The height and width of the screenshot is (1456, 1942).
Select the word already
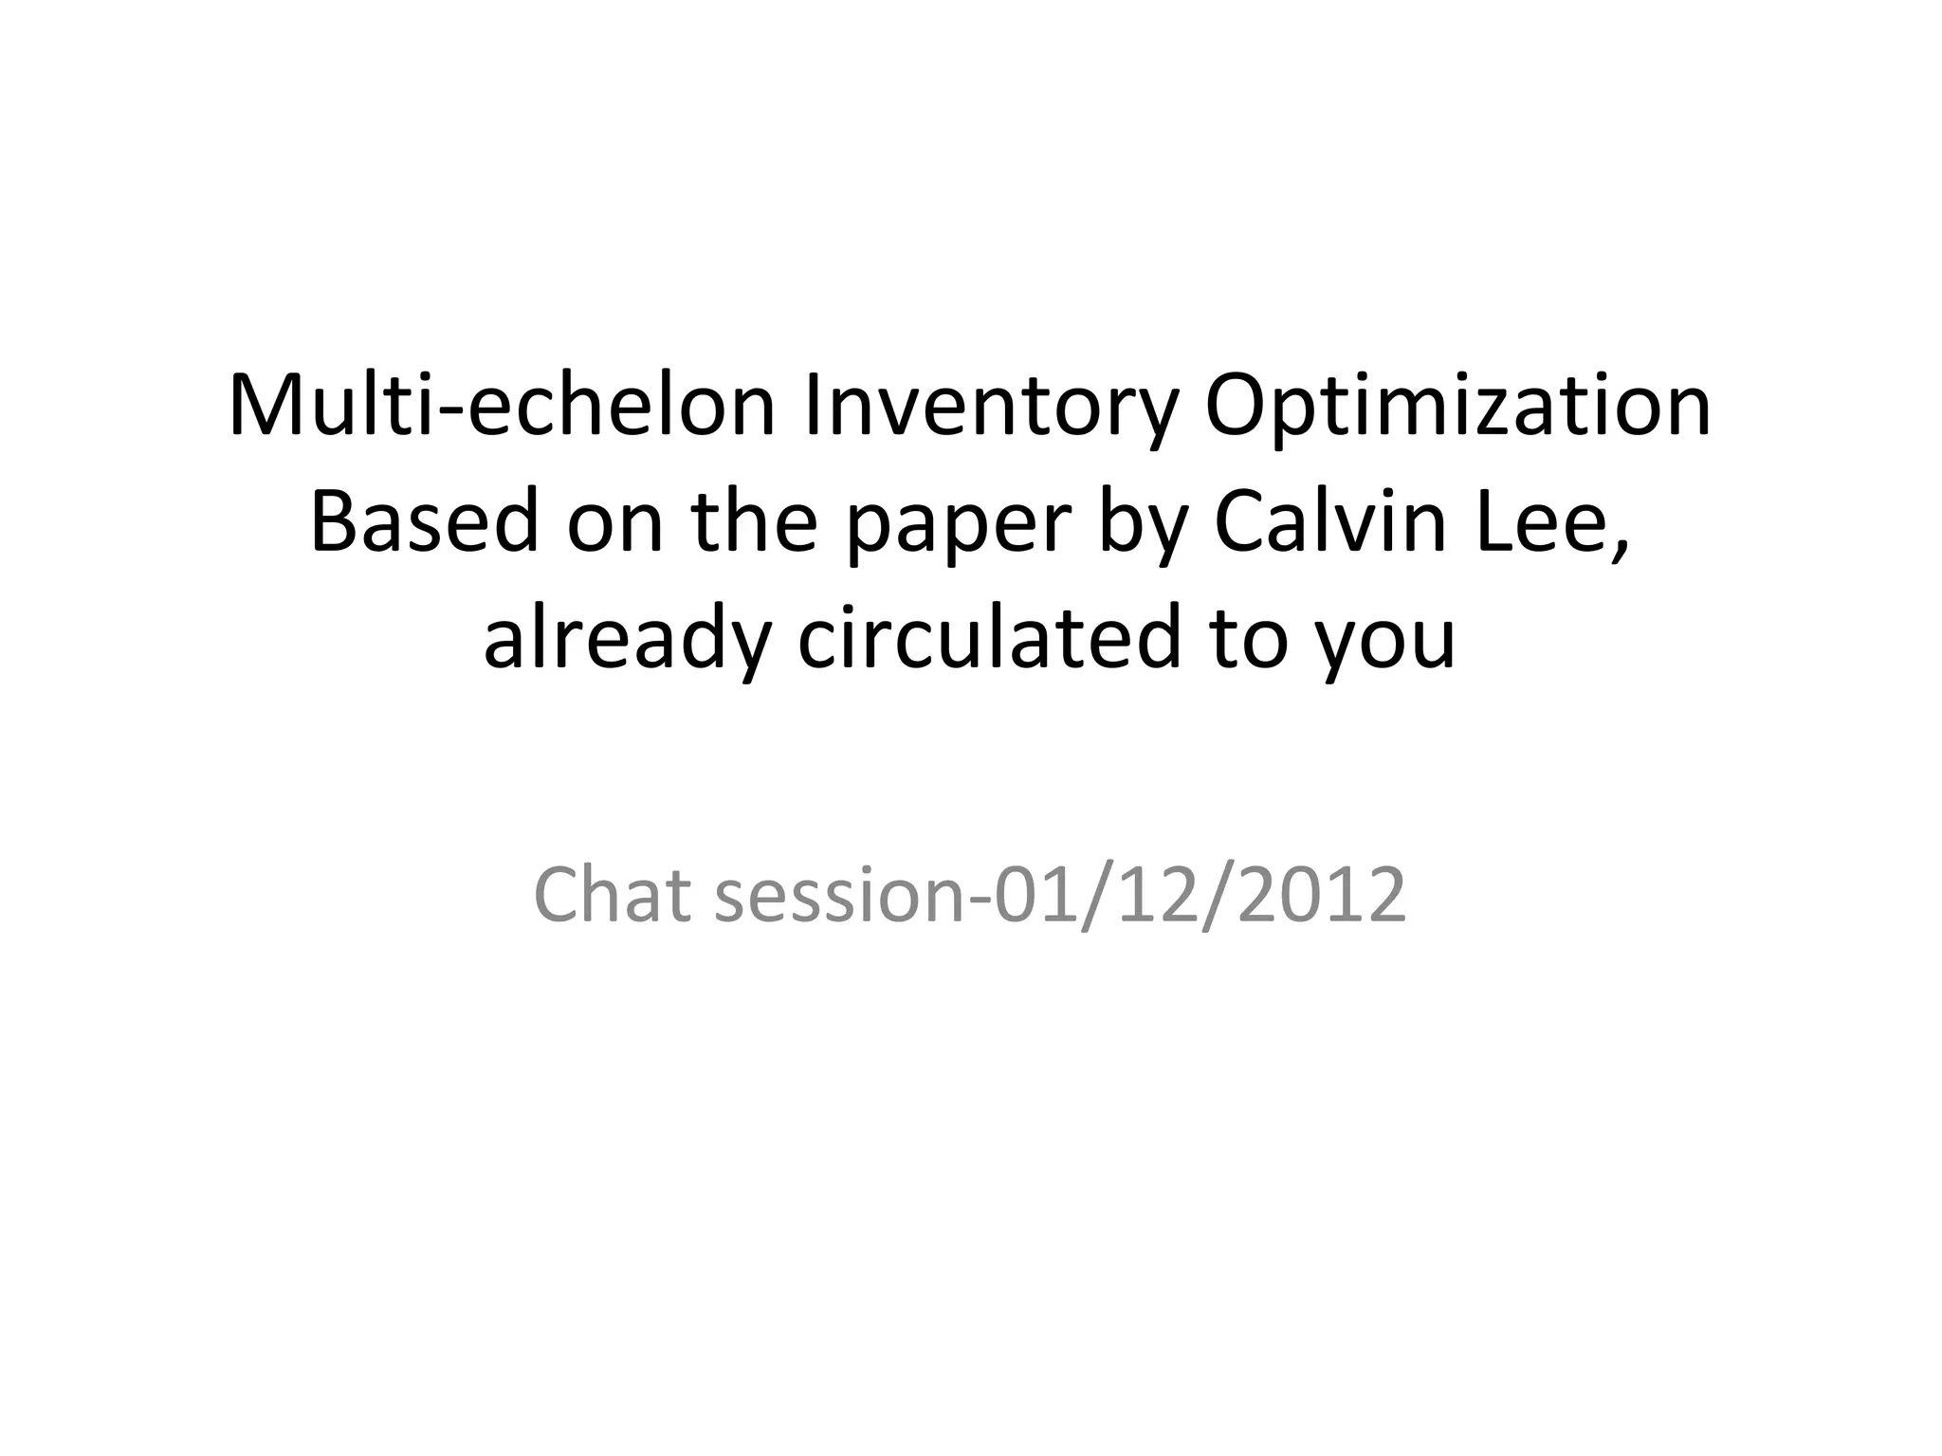[x=625, y=640]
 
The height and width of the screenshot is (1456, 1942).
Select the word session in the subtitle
[x=838, y=896]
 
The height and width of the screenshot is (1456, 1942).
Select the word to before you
[x=1253, y=640]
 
